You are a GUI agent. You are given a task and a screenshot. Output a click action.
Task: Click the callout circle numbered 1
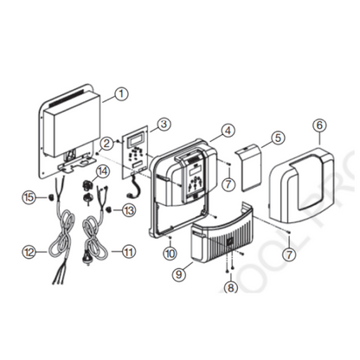pyautogui.click(x=121, y=93)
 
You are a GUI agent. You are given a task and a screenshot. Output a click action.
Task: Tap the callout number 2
pyautogui.click(x=105, y=144)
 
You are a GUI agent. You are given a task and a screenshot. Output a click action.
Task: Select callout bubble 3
pyautogui.click(x=164, y=125)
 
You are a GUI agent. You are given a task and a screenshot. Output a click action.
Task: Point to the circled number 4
pyautogui.click(x=228, y=132)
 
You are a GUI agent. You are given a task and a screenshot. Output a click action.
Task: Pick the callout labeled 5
pyautogui.click(x=278, y=138)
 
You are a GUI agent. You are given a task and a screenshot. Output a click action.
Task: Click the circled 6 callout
pyautogui.click(x=319, y=125)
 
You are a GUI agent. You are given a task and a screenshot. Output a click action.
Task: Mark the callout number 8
pyautogui.click(x=231, y=289)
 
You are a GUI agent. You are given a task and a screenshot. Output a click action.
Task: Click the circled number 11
pyautogui.click(x=130, y=252)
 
